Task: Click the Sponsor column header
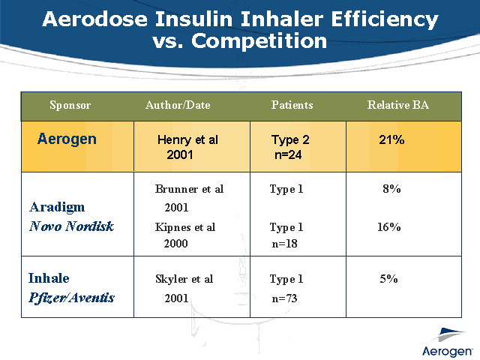70,106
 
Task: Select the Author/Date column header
178,106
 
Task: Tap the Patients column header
292,106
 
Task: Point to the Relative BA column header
397,106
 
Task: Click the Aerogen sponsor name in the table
67,139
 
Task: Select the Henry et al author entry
187,140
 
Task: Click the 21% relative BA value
391,140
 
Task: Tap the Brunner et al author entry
189,189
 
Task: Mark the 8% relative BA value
391,189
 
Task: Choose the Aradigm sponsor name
56,207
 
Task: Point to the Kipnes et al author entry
185,226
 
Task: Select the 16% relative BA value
388,226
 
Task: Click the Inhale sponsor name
49,278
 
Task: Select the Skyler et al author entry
184,279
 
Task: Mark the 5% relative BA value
388,279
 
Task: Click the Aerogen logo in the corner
446,342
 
